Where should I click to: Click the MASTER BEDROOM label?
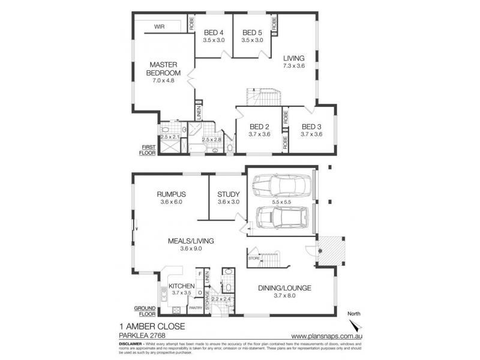(161, 69)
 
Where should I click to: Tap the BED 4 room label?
(214, 33)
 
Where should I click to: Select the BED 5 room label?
(252, 33)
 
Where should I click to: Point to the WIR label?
(160, 27)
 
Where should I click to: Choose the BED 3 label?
(312, 127)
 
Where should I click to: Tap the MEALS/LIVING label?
(191, 241)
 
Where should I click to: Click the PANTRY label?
(196, 308)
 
